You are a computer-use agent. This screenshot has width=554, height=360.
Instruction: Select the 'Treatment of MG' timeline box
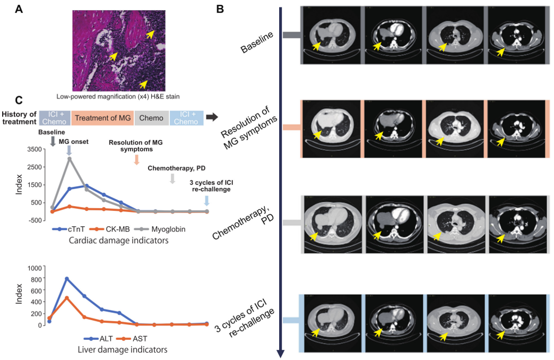click(x=102, y=117)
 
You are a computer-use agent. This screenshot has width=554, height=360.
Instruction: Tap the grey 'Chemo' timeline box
click(x=152, y=117)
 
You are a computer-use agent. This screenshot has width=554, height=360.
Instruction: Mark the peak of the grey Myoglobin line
click(x=69, y=158)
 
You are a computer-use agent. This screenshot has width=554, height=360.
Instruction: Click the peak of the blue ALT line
click(x=67, y=278)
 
